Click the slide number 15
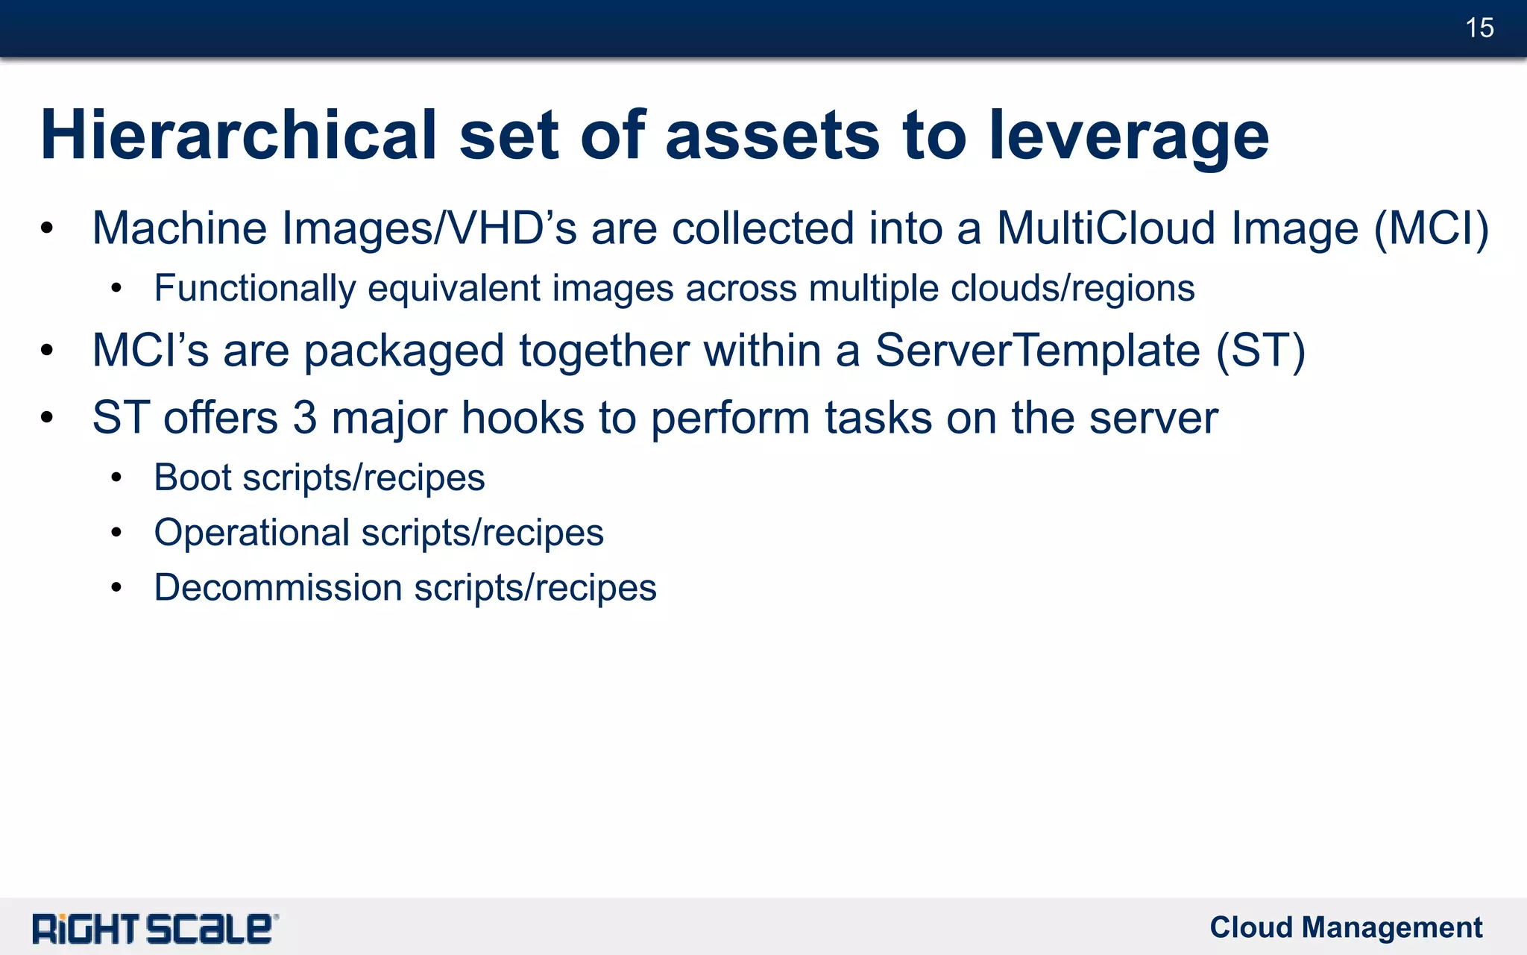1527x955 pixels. pyautogui.click(x=1479, y=28)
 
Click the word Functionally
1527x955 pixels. pyautogui.click(x=254, y=289)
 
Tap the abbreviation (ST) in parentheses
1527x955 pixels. pyautogui.click(x=1261, y=351)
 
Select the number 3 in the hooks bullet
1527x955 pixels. pyautogui.click(x=304, y=418)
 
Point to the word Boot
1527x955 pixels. pyautogui.click(x=192, y=477)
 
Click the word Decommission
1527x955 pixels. pyautogui.click(x=278, y=588)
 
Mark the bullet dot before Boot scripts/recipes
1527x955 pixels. pyautogui.click(x=116, y=477)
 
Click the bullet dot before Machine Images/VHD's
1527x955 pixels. pyautogui.click(x=48, y=228)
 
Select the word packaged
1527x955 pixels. pyautogui.click(x=404, y=351)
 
